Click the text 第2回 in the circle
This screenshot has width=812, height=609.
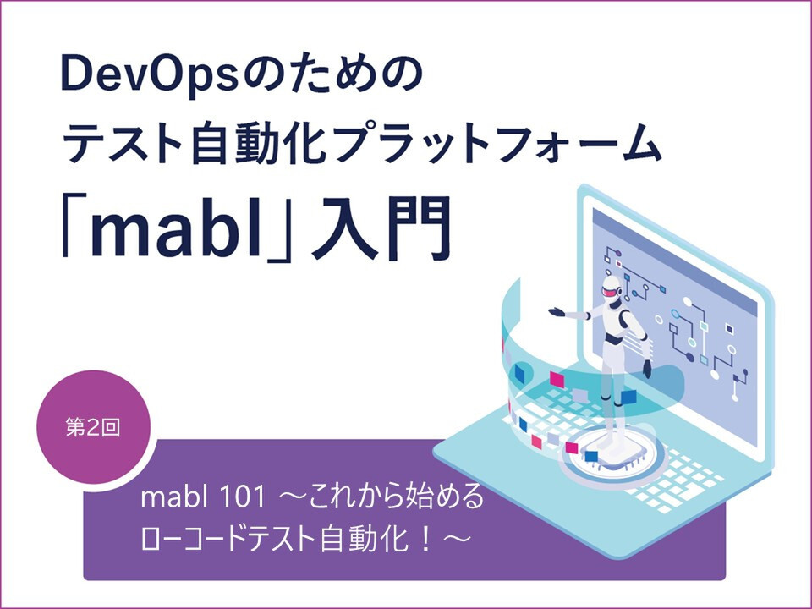click(93, 428)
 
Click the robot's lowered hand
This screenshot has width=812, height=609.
click(647, 368)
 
